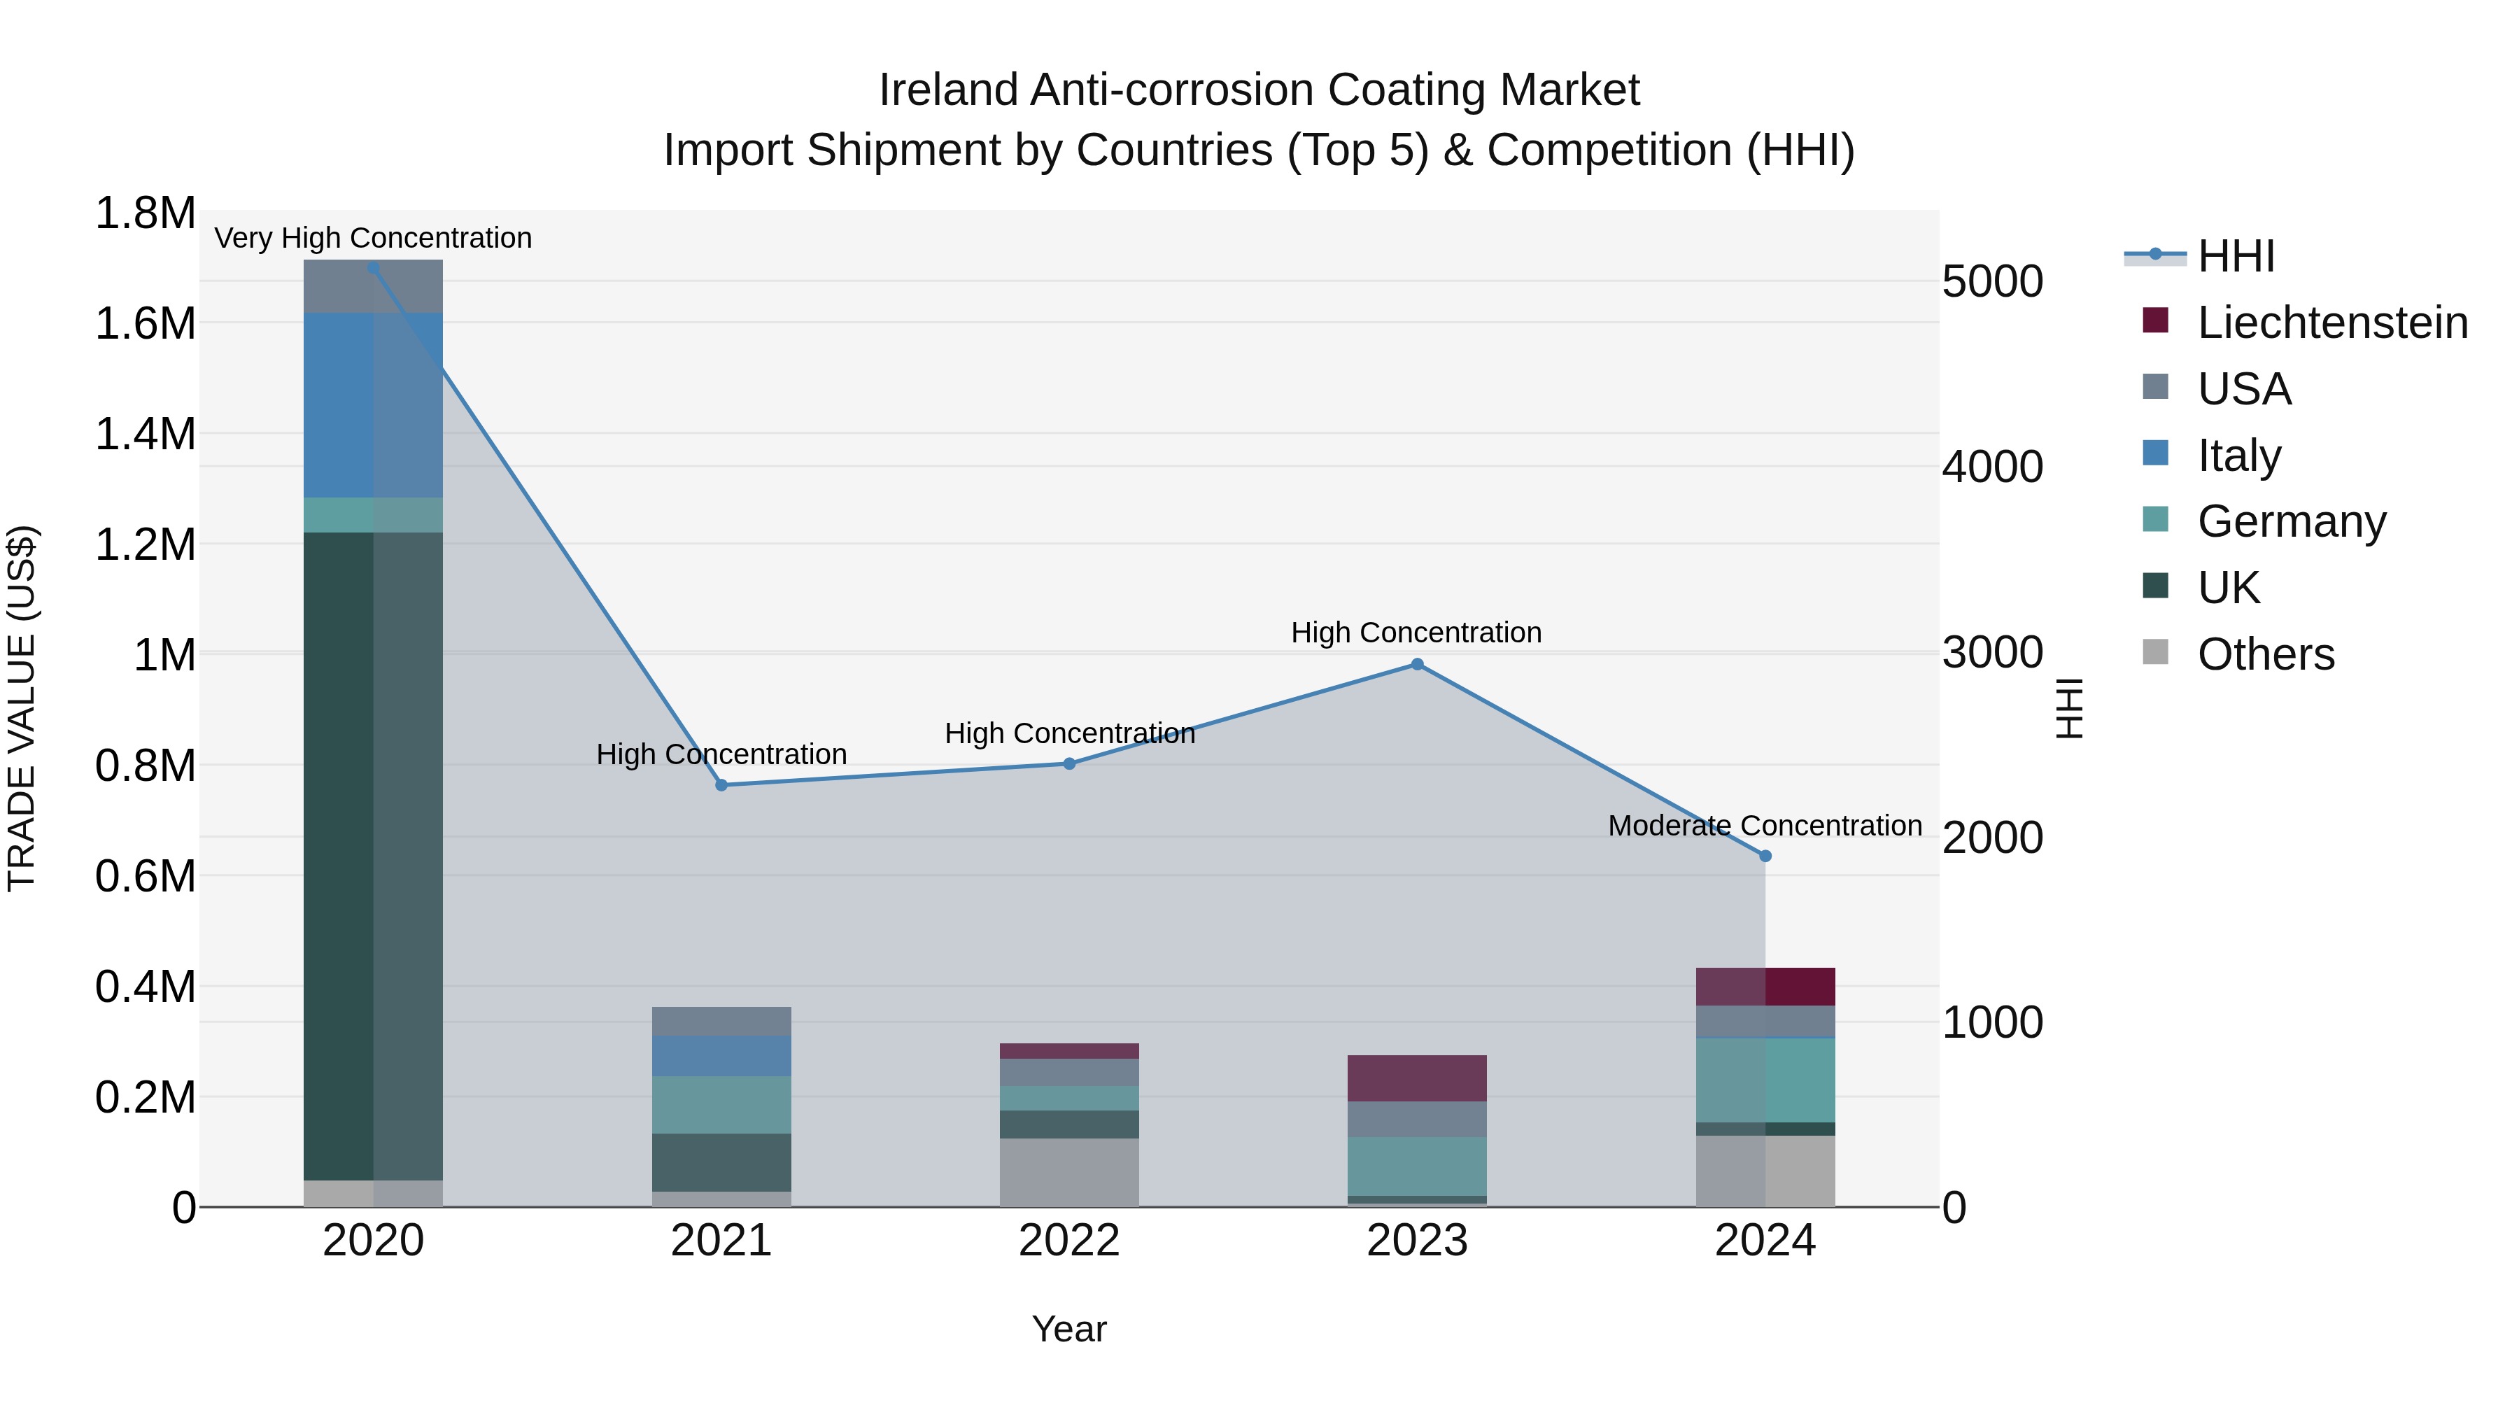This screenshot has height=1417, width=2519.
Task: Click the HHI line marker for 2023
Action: [1417, 665]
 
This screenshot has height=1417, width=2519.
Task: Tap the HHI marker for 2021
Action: [721, 785]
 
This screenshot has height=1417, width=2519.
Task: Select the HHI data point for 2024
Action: [1765, 856]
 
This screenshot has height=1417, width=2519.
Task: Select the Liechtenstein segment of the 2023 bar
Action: [1417, 1078]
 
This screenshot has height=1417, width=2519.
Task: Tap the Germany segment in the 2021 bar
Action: [721, 1105]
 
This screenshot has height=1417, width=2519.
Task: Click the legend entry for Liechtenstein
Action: [2331, 323]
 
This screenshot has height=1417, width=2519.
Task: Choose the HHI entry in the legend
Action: [2236, 256]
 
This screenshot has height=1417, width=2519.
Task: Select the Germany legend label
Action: [2291, 521]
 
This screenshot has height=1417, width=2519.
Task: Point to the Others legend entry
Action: [2265, 654]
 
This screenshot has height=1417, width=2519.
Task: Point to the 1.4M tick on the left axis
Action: [146, 434]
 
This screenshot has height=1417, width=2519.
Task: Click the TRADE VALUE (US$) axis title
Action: [22, 708]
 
